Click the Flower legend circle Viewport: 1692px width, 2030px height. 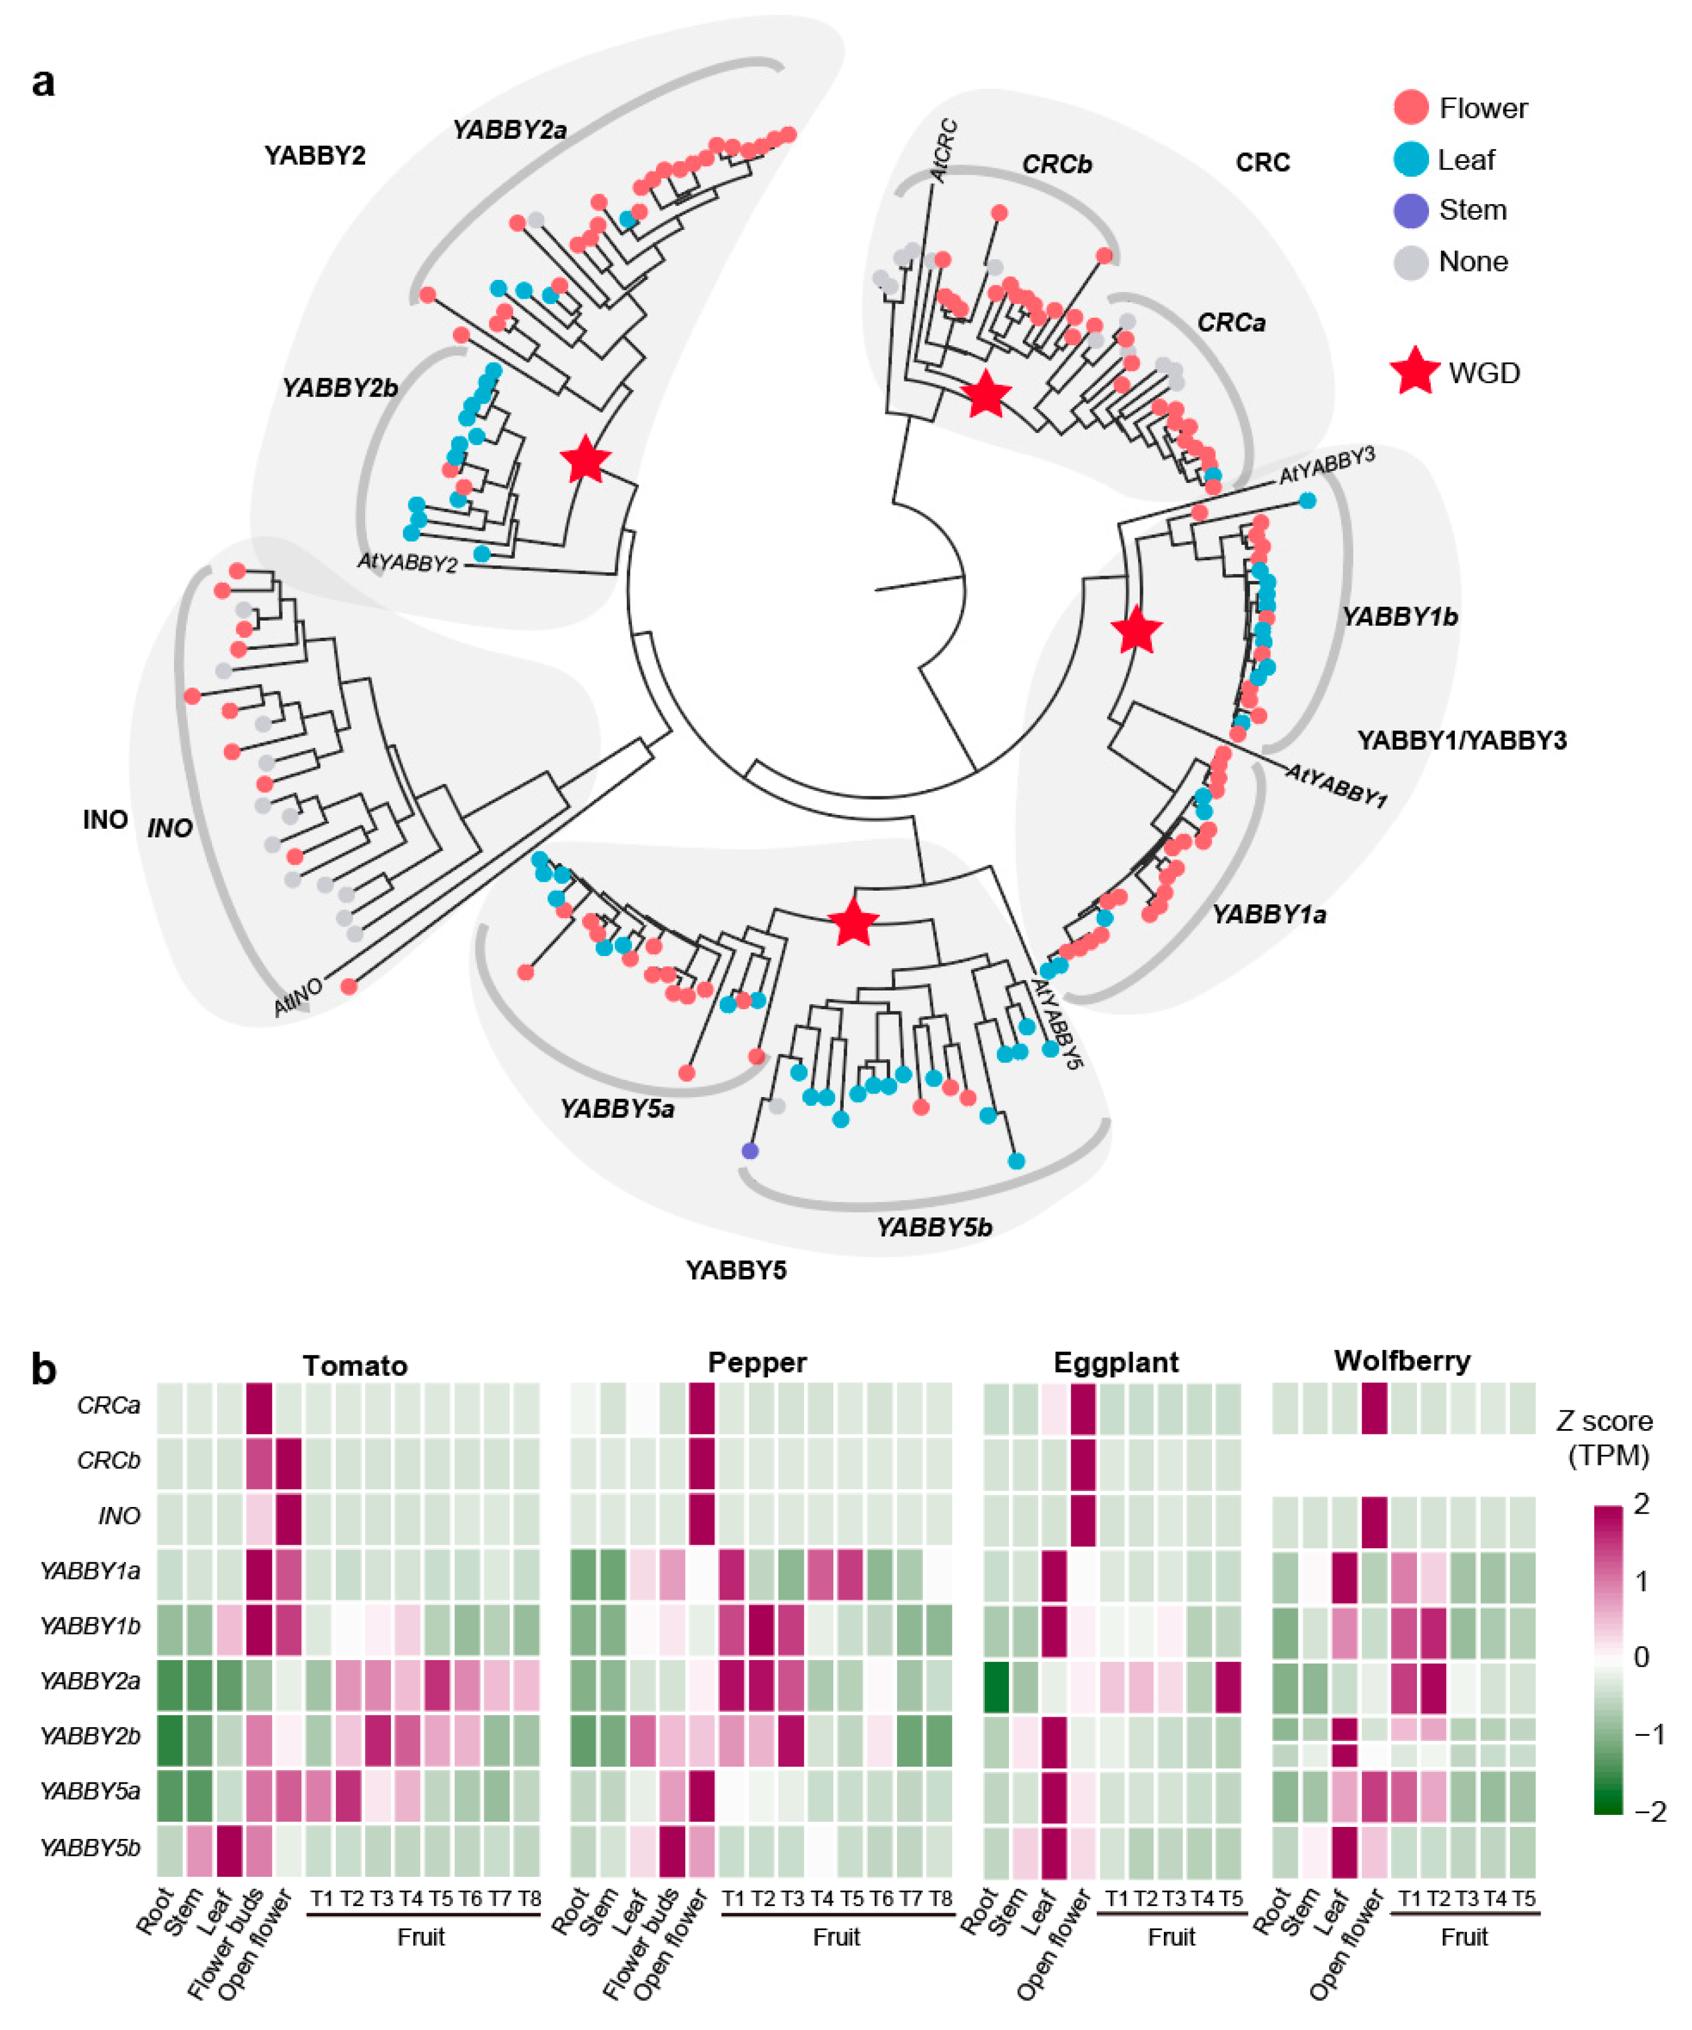pos(1411,108)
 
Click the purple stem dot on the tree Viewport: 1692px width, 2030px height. pos(749,1150)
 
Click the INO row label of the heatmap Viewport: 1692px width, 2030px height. pos(119,1516)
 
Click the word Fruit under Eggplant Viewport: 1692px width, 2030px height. pos(1171,1937)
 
